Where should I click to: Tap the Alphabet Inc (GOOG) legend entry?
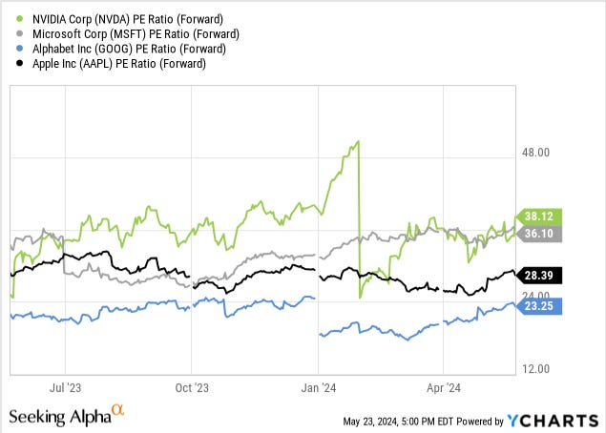tap(115, 48)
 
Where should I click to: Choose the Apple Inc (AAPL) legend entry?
tap(106, 64)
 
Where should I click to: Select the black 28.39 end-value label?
tap(539, 276)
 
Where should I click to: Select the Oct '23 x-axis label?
tap(192, 389)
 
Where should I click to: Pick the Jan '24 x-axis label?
tap(318, 389)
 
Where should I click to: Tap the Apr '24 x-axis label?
tap(443, 389)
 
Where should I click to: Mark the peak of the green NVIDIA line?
tap(357, 142)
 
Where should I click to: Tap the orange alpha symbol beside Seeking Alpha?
tap(118, 411)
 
